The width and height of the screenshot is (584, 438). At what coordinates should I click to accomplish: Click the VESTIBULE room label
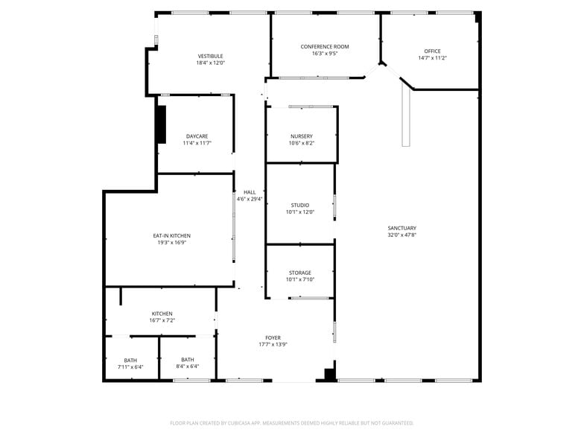click(x=210, y=56)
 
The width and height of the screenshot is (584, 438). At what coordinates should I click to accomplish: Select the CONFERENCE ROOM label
click(x=325, y=47)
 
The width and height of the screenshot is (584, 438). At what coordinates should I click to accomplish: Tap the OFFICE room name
click(x=432, y=51)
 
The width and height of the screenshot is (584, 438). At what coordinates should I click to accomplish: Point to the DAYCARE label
click(x=197, y=136)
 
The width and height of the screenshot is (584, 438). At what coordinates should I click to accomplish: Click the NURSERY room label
click(x=302, y=136)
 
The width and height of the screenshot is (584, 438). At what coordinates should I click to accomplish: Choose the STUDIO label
click(x=300, y=205)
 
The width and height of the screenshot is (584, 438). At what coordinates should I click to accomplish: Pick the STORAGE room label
click(x=300, y=273)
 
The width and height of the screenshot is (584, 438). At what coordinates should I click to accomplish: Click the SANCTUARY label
click(x=401, y=228)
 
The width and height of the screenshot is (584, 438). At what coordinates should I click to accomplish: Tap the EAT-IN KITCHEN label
click(x=171, y=235)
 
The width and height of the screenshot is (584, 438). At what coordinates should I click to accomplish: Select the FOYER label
click(x=273, y=337)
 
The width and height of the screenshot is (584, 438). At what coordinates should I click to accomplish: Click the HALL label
click(x=249, y=192)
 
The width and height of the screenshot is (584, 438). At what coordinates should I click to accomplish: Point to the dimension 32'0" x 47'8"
click(x=401, y=235)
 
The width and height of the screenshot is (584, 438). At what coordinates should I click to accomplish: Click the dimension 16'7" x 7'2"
click(x=162, y=320)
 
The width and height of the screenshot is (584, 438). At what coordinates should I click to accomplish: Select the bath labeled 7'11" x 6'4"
click(x=130, y=363)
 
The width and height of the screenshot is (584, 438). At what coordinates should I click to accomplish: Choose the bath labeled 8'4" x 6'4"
click(x=187, y=363)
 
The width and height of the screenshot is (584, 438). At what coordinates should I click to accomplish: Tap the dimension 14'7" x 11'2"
click(x=432, y=58)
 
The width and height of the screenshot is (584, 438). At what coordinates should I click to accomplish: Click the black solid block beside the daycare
click(x=161, y=124)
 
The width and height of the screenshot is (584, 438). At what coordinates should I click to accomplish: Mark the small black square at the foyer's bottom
click(x=328, y=375)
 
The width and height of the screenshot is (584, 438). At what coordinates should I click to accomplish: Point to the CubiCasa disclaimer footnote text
click(x=291, y=423)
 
